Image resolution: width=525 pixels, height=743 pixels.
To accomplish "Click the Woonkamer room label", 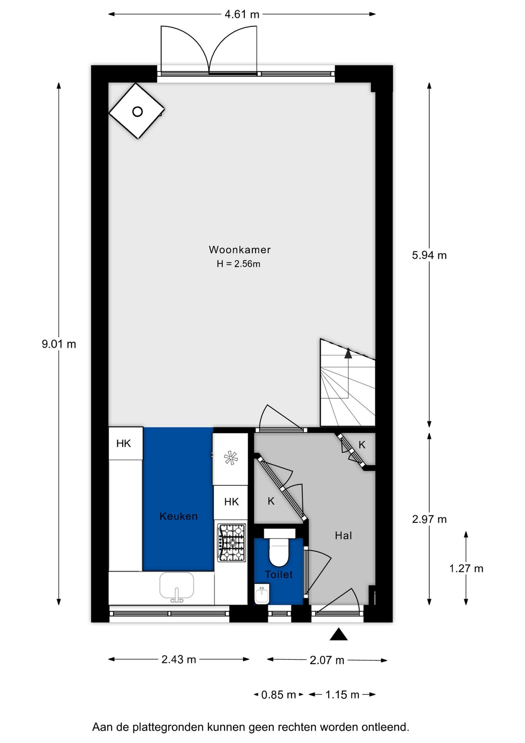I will click(240, 250).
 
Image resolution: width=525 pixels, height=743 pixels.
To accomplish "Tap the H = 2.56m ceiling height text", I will click(238, 264).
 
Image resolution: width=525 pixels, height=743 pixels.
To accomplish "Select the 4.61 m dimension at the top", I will click(242, 14).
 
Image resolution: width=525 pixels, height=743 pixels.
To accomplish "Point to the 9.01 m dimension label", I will click(59, 344).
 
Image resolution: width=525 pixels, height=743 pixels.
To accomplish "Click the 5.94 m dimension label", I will click(429, 255).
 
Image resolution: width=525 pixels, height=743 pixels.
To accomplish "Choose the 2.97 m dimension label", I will click(429, 519).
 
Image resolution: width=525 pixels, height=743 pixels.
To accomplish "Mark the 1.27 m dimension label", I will click(466, 568).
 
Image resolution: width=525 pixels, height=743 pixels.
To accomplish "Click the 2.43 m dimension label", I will click(179, 659).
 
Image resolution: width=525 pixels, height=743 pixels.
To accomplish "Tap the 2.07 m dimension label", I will click(327, 660).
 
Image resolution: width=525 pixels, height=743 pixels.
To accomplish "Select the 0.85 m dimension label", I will click(278, 695).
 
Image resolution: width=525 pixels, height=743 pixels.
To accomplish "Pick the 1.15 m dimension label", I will click(342, 695).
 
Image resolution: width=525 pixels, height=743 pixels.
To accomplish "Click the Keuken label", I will click(179, 516).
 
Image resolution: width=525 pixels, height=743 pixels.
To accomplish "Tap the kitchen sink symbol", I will click(177, 586).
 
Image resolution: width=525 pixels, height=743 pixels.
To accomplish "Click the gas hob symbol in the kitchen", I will click(232, 543).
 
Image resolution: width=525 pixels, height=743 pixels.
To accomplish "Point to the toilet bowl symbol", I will click(279, 553).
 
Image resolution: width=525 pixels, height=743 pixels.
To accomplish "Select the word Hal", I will click(343, 536).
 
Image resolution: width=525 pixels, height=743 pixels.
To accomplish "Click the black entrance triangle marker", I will click(339, 634).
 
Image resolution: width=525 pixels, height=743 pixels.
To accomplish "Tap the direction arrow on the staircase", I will click(348, 353).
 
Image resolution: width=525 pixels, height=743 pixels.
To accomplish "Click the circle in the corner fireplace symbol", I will click(137, 111).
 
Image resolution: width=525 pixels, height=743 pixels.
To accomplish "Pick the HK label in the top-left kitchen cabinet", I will click(124, 443).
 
